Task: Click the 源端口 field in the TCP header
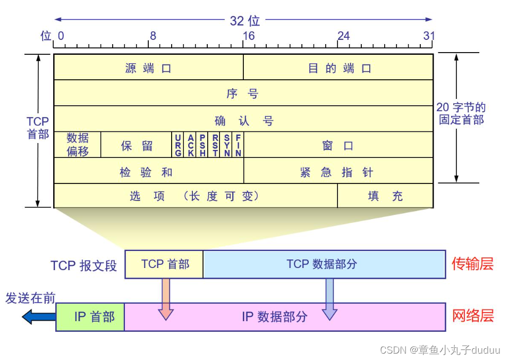pyautogui.click(x=148, y=68)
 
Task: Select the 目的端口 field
pyautogui.click(x=338, y=68)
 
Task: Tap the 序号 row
pyautogui.click(x=243, y=94)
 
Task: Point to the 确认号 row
pyautogui.click(x=243, y=120)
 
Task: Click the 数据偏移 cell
pyautogui.click(x=78, y=145)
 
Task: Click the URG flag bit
pyautogui.click(x=178, y=145)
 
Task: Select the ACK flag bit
pyautogui.click(x=190, y=145)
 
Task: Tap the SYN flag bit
pyautogui.click(x=227, y=145)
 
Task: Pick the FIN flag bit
pyautogui.click(x=239, y=145)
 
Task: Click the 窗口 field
pyautogui.click(x=338, y=145)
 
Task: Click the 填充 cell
pyautogui.click(x=385, y=196)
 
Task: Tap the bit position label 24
pyautogui.click(x=343, y=36)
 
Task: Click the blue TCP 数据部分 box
pyautogui.click(x=324, y=264)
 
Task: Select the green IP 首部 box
pyautogui.click(x=90, y=317)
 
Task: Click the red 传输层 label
pyautogui.click(x=472, y=263)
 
